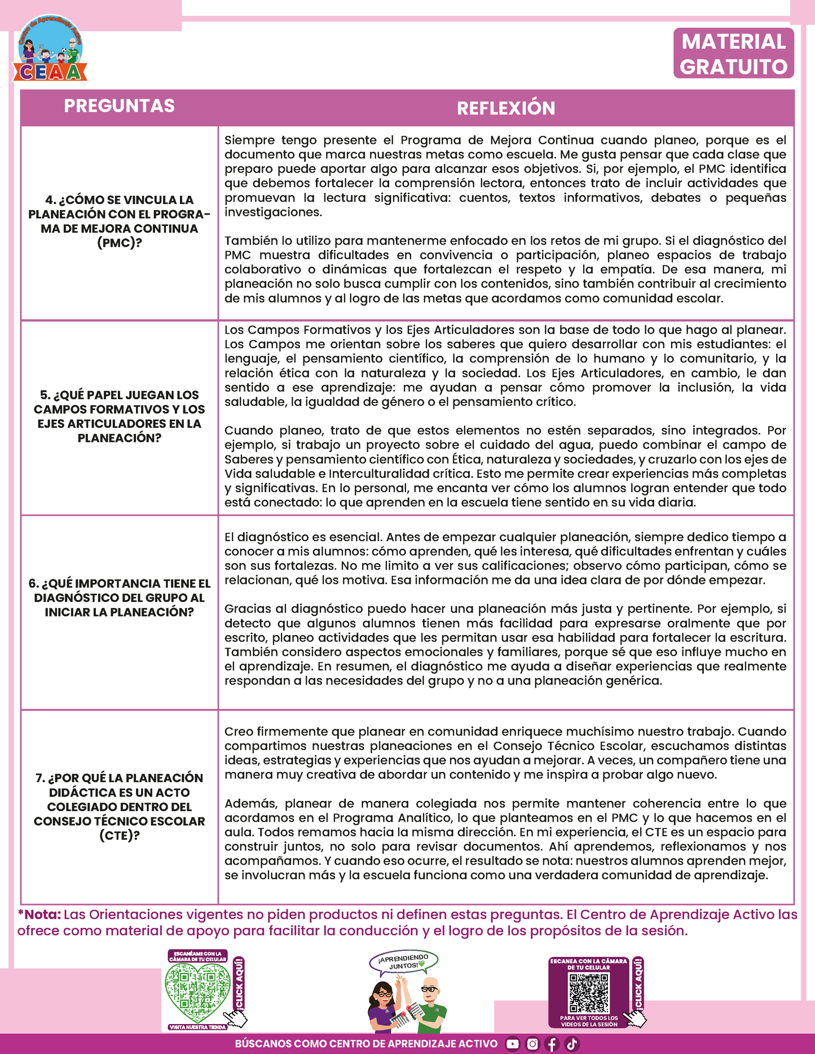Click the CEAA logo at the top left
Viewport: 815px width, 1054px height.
click(50, 50)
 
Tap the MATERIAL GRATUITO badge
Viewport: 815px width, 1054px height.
click(733, 54)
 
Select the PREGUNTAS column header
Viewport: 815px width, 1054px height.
click(119, 106)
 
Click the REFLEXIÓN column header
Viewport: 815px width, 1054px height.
click(506, 108)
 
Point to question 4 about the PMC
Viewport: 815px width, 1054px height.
click(119, 222)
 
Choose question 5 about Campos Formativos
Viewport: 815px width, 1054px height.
click(119, 417)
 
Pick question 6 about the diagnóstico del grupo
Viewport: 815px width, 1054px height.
click(119, 598)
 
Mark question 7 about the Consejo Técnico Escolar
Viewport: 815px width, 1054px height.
click(119, 807)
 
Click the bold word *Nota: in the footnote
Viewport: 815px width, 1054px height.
click(39, 915)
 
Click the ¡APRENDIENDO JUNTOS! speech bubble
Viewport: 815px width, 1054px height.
click(404, 963)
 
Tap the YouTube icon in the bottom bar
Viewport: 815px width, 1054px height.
click(512, 1044)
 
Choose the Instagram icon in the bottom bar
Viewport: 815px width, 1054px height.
click(532, 1044)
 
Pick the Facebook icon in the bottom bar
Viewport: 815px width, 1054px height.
click(552, 1044)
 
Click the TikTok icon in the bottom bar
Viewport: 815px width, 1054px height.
click(572, 1044)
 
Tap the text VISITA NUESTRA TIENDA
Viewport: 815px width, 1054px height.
click(197, 1028)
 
